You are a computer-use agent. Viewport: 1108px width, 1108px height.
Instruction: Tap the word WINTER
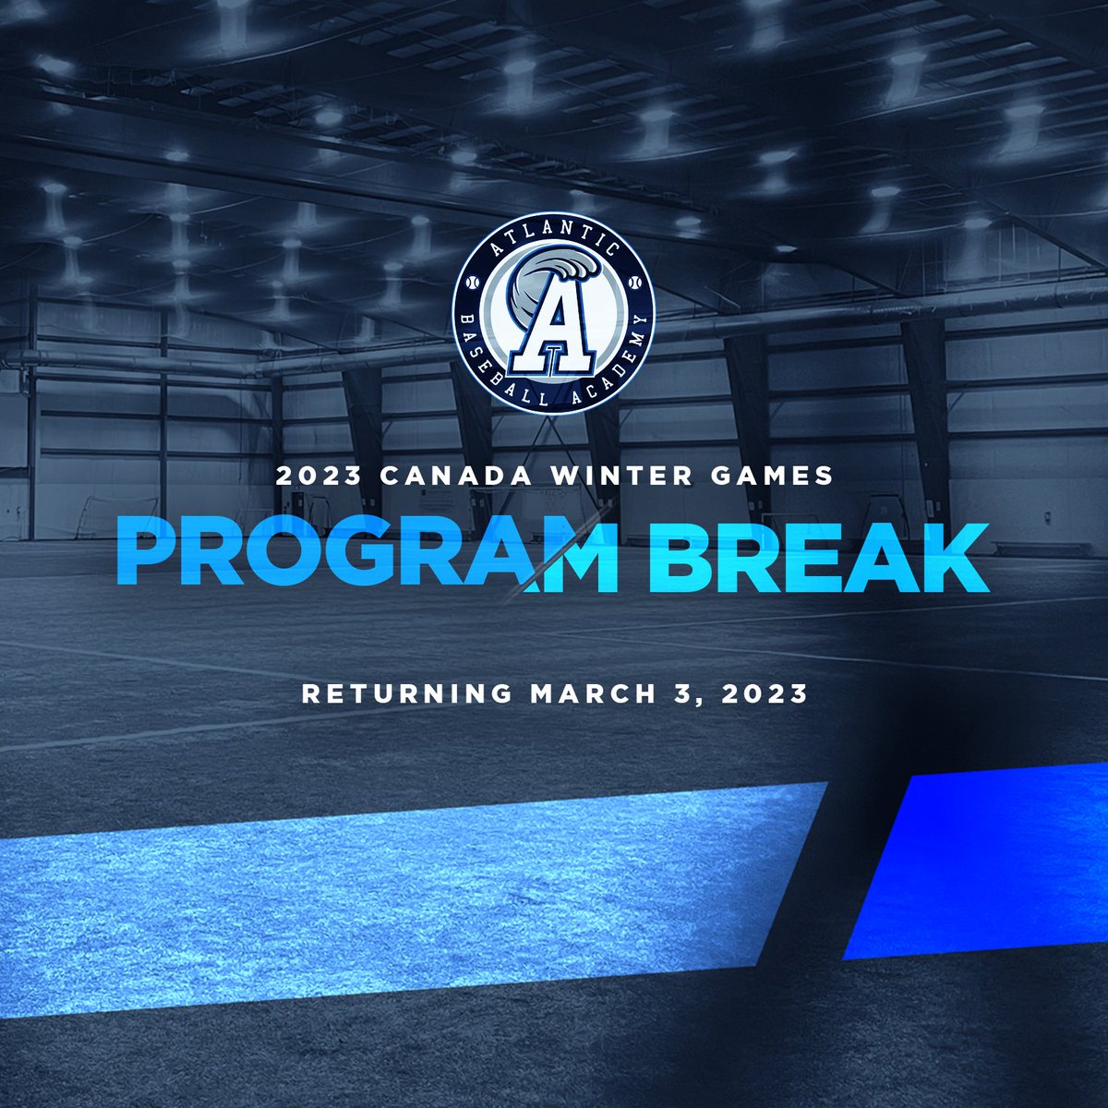tap(622, 476)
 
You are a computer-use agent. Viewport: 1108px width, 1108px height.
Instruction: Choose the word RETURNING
tap(406, 693)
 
